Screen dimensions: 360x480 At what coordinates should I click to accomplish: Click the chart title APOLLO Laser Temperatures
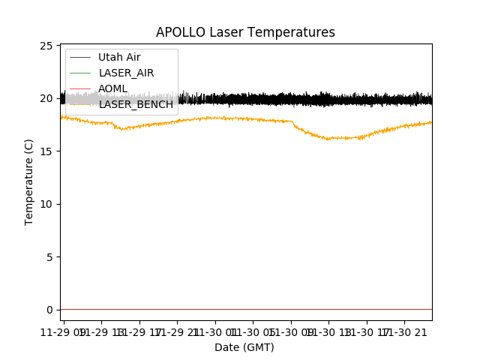[x=245, y=32]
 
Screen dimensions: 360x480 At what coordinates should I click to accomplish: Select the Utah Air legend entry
[x=119, y=57]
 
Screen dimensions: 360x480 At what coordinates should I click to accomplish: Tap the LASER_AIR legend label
[x=126, y=73]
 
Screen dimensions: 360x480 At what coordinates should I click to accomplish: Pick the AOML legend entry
[x=112, y=88]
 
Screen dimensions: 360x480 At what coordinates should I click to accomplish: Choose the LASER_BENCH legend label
[x=136, y=104]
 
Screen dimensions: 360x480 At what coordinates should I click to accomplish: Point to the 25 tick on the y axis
[x=49, y=46]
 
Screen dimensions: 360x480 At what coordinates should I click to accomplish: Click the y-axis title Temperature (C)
[x=29, y=181]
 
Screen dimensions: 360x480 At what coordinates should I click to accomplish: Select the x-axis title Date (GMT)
[x=244, y=347]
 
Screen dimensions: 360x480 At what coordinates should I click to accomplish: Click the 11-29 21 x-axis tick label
[x=178, y=331]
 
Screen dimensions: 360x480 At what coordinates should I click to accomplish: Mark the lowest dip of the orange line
[x=330, y=139]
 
